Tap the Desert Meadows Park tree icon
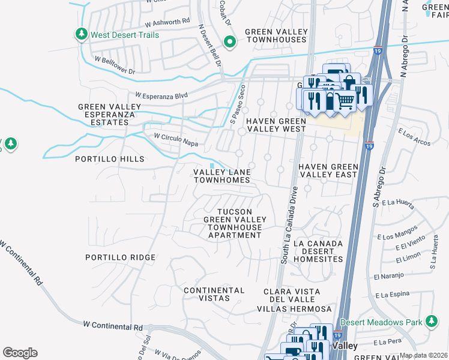click(431, 322)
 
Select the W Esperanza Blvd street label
click(161, 95)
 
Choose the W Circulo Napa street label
click(176, 139)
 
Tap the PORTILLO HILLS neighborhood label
click(109, 159)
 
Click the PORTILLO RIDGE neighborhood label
click(121, 257)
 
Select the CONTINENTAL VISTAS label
click(214, 294)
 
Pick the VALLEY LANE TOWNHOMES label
click(221, 176)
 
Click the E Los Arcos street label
click(414, 137)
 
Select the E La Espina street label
click(393, 295)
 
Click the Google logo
click(20, 352)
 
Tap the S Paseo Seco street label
click(237, 102)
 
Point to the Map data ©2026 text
click(423, 355)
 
